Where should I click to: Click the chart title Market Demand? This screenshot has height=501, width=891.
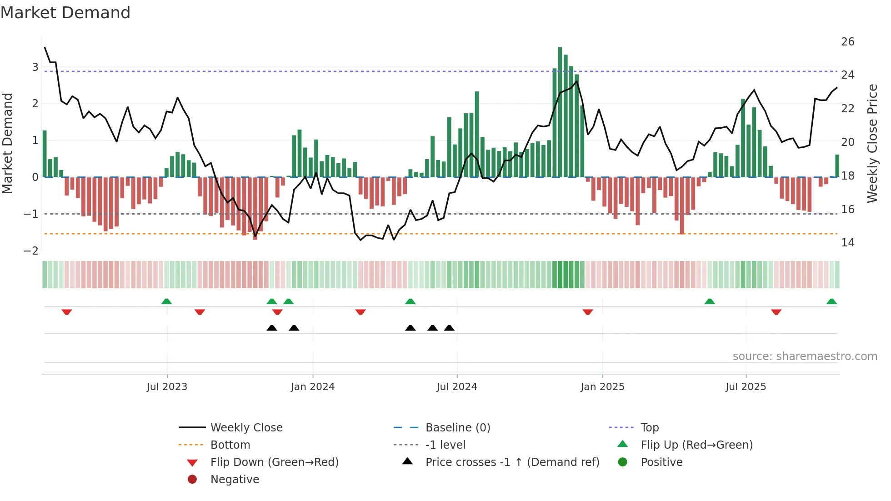[x=65, y=13]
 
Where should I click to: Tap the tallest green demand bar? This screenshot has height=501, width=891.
[x=560, y=111]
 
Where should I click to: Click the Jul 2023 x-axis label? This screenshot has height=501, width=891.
[x=167, y=387]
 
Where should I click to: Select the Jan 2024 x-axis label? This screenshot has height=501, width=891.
[x=313, y=387]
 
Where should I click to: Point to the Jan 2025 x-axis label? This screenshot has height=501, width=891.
[x=602, y=387]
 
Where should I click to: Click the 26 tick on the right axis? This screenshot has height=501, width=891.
[x=848, y=42]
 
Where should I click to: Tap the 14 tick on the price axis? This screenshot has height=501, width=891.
[x=848, y=243]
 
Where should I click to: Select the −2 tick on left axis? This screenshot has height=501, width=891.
[x=31, y=250]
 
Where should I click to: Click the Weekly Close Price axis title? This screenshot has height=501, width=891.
[x=872, y=143]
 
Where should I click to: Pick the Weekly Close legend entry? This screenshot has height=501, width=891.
[x=246, y=428]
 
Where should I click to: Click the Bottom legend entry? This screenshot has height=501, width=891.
[x=230, y=445]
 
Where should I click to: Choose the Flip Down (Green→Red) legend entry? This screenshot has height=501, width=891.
[x=274, y=462]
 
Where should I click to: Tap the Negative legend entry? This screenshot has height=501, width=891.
[x=235, y=480]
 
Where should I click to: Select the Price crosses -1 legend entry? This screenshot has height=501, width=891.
[x=512, y=462]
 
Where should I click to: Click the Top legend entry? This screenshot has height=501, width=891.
[x=650, y=428]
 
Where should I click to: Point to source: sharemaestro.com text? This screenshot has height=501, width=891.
[x=805, y=356]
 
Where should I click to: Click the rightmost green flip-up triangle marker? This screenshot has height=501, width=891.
[x=831, y=301]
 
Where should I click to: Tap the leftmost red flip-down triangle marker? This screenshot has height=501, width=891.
[x=67, y=312]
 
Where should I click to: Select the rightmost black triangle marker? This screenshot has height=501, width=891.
[x=449, y=328]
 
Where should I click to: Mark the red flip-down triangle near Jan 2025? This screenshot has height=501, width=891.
[x=587, y=312]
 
